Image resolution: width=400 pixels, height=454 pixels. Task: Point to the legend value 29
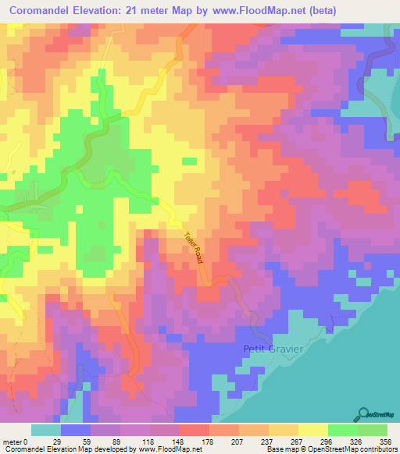[77, 442]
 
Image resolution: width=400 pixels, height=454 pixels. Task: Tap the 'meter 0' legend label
[16, 442]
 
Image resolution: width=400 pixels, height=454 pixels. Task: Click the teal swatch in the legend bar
[46, 430]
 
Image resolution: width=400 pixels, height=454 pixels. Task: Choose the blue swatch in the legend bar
[76, 430]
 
